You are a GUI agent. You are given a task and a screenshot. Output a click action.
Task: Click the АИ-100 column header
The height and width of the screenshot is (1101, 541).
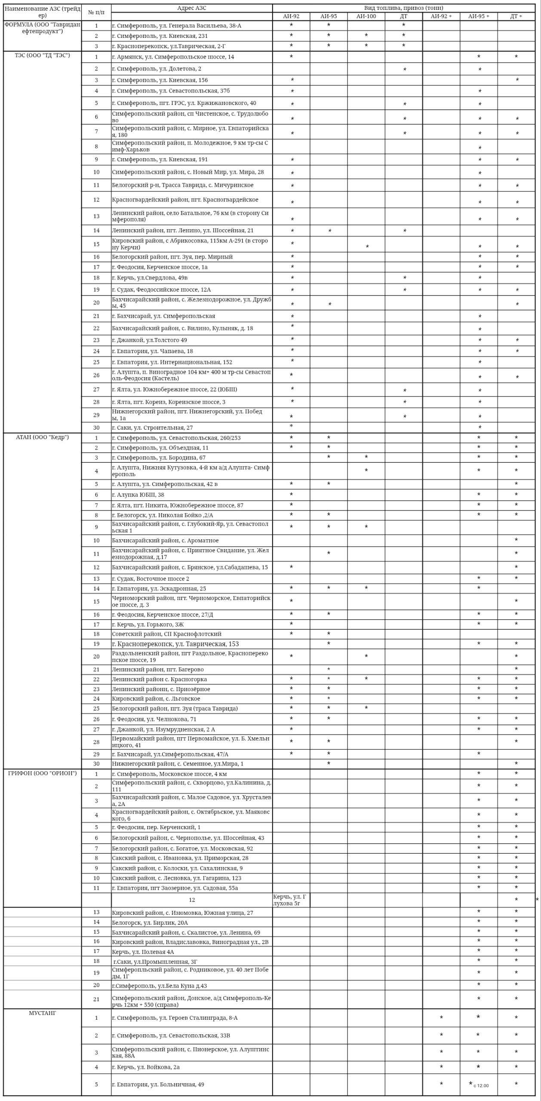[x=366, y=16]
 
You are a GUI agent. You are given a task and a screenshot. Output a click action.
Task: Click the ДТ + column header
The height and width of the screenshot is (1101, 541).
[x=516, y=16]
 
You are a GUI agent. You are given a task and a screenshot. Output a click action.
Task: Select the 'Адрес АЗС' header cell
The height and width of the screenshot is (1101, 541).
[x=191, y=8]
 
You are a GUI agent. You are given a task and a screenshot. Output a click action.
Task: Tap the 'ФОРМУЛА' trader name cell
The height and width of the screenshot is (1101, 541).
[x=42, y=28]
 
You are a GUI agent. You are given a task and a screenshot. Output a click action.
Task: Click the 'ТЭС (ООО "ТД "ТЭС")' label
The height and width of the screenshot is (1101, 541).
[x=42, y=55]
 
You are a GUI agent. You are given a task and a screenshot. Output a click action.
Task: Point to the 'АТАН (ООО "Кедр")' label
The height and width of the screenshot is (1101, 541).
[x=42, y=437]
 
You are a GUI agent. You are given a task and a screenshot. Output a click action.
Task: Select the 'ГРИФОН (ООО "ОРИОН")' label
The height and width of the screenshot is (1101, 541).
[x=42, y=773]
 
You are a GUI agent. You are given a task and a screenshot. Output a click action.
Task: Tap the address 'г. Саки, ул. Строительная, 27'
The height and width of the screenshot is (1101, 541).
[x=152, y=428]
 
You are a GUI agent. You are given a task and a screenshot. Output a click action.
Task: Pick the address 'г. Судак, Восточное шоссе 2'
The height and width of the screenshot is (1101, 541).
[x=151, y=579]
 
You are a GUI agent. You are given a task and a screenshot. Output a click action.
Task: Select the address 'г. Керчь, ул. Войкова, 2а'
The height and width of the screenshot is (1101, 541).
[x=146, y=1067]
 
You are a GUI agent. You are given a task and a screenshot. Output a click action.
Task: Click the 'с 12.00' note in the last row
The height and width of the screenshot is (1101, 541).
[x=481, y=1086]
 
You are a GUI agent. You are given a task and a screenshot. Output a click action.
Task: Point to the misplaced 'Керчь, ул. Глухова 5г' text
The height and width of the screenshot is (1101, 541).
[x=290, y=900]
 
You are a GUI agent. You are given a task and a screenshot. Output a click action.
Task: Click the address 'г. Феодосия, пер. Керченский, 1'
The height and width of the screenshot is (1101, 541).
[x=156, y=827]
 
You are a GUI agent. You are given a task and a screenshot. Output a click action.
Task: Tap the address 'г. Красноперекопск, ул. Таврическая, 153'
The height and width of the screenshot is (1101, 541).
[x=175, y=644]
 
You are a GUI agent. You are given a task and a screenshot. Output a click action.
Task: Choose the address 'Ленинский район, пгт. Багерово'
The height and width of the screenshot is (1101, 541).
[x=158, y=670]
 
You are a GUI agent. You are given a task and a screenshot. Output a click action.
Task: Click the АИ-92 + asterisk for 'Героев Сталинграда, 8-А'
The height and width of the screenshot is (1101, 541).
[x=441, y=1018]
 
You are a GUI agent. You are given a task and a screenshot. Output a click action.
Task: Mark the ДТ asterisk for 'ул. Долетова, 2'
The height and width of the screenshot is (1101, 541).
[x=404, y=69]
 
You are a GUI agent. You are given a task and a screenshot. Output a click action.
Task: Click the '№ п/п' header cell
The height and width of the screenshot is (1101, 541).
[x=96, y=12]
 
